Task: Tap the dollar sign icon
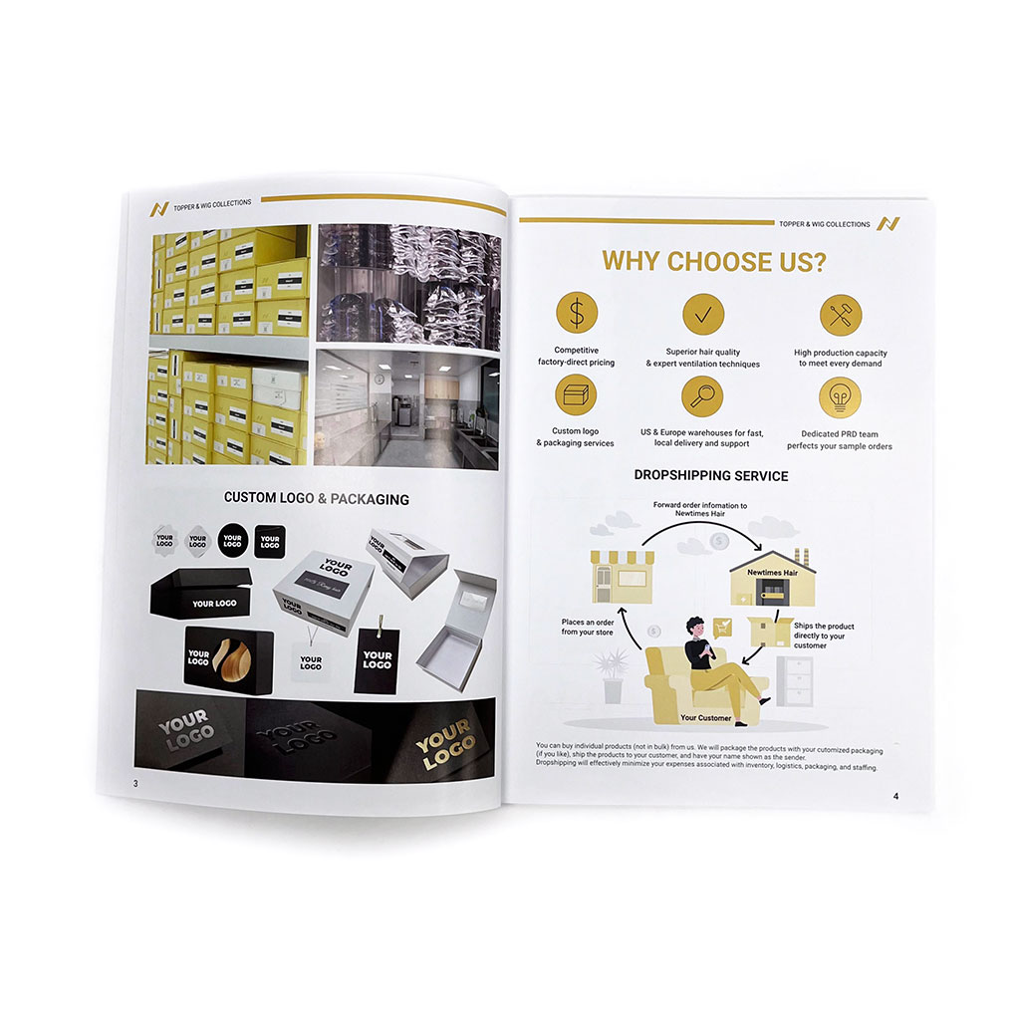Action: [576, 315]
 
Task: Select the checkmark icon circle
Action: [703, 315]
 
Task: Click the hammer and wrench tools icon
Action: [840, 316]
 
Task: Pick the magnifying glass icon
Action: [702, 396]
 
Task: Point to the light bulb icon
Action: [840, 398]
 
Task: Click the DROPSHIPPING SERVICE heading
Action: [710, 476]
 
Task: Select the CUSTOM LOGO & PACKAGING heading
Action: [316, 498]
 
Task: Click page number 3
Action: [135, 783]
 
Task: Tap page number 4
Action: [895, 796]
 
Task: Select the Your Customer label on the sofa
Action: [705, 717]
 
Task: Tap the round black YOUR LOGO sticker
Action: [232, 541]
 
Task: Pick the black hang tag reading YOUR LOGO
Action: [377, 659]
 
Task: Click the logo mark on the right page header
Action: [886, 224]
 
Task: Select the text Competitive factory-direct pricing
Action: [584, 357]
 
